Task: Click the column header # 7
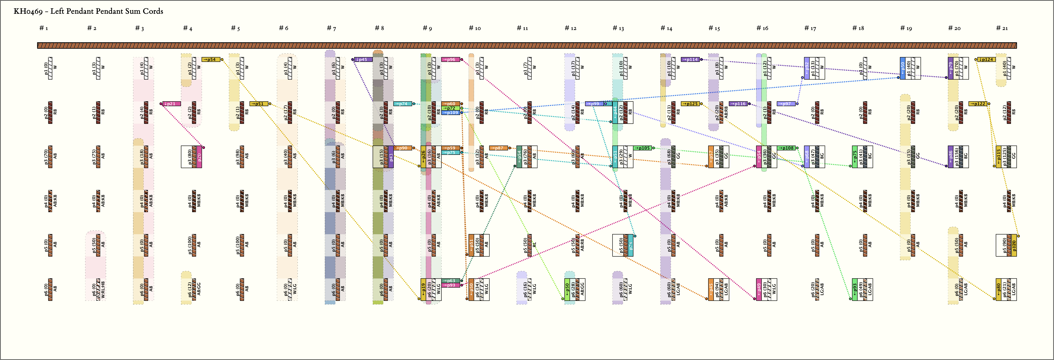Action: [x=331, y=28]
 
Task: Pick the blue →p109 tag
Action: [x=450, y=113]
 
